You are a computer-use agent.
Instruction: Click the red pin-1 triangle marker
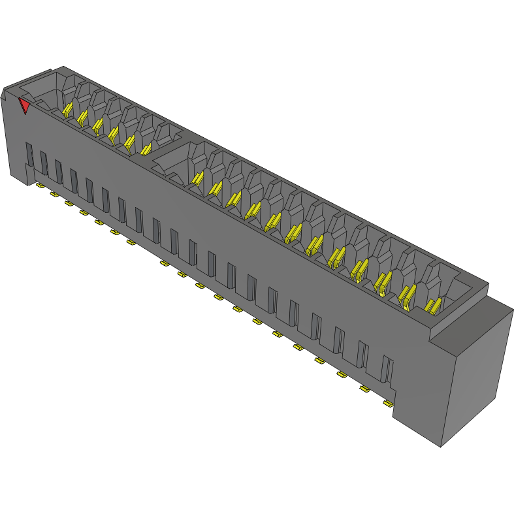point(25,105)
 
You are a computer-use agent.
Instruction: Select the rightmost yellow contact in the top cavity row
point(432,305)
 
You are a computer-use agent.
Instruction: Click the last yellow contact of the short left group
point(146,150)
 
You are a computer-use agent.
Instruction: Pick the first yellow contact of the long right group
point(197,177)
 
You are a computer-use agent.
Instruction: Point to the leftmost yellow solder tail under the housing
point(40,186)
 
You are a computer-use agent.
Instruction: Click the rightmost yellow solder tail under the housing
point(388,404)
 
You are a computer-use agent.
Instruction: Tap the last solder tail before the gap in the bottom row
point(131,242)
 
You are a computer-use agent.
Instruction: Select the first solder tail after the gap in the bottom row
point(164,263)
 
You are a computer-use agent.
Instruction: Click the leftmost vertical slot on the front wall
point(29,154)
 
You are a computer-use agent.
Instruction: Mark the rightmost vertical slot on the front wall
point(387,369)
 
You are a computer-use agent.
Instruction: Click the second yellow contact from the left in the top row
point(82,118)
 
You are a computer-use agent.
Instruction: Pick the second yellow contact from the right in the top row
point(406,296)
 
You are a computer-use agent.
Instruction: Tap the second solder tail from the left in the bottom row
point(54,195)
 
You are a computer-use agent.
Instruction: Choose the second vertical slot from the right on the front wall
point(362,356)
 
